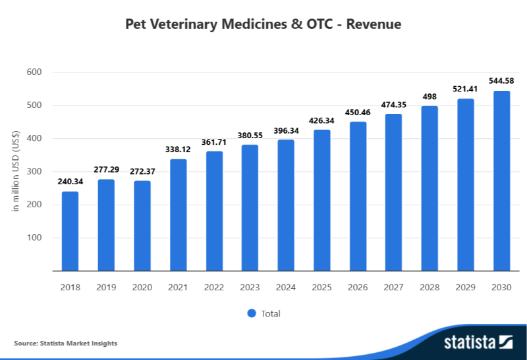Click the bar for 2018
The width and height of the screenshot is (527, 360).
point(70,231)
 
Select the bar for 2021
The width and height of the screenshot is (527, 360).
point(178,215)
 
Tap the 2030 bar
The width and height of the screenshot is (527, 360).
point(501,180)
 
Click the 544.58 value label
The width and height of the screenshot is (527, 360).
point(501,81)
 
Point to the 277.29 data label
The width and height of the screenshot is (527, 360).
point(106,170)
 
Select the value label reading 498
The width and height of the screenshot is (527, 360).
point(430,96)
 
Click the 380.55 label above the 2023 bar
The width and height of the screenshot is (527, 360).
point(250,136)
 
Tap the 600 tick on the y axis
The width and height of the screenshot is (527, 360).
point(34,72)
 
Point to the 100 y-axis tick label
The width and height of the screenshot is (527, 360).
point(34,238)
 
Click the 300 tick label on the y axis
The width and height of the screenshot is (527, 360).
point(34,171)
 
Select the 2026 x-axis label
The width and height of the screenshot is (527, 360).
point(358,288)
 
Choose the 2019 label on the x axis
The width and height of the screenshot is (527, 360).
point(106,288)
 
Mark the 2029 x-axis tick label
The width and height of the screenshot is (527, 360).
point(466,288)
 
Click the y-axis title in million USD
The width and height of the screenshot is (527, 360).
point(16,171)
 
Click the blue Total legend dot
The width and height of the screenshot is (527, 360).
point(252,313)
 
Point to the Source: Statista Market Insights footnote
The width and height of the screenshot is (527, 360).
point(65,343)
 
